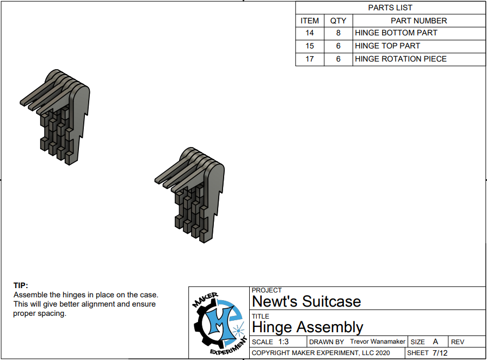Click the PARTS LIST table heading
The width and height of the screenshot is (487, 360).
(x=390, y=8)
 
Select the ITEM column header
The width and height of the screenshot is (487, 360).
(x=310, y=21)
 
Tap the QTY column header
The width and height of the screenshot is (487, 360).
(x=338, y=21)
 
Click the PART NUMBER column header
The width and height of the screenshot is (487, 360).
(x=418, y=21)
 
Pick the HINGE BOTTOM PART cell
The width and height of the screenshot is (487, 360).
(x=396, y=33)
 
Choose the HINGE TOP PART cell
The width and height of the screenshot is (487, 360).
(x=387, y=46)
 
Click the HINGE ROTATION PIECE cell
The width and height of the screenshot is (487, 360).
(x=400, y=59)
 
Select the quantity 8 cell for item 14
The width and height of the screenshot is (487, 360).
(x=338, y=33)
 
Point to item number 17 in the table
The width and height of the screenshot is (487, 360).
(x=310, y=59)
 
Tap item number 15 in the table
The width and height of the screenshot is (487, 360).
(x=310, y=46)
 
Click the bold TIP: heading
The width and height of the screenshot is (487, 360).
(x=21, y=285)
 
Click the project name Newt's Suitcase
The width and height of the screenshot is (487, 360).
(x=306, y=301)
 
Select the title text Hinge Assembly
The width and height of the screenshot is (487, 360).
(x=307, y=327)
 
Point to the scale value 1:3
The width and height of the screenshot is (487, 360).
(x=283, y=341)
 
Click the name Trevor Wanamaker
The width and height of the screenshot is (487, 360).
(x=378, y=341)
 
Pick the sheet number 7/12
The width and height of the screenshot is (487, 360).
(x=440, y=353)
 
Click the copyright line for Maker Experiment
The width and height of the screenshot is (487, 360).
(x=320, y=353)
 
